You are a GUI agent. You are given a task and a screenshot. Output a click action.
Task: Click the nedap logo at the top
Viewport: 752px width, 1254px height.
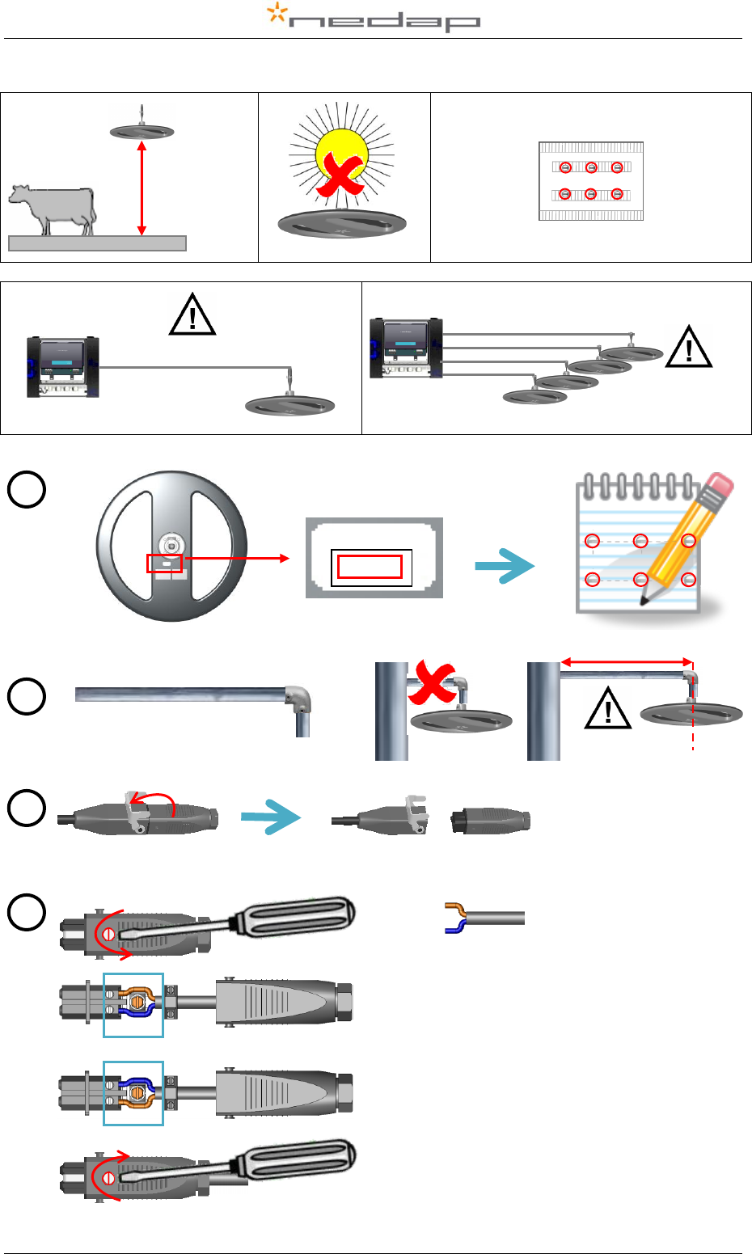tap(374, 18)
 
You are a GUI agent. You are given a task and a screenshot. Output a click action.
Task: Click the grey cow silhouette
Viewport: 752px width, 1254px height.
tap(53, 209)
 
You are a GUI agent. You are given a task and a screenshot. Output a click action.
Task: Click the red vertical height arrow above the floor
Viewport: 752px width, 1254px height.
tap(142, 188)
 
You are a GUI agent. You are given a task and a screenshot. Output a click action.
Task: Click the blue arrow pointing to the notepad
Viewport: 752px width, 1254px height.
tap(505, 566)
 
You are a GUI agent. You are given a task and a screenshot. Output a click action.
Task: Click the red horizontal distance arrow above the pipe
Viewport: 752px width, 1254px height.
tap(627, 662)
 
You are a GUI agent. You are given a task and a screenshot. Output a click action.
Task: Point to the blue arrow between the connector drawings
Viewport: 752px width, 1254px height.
tap(271, 818)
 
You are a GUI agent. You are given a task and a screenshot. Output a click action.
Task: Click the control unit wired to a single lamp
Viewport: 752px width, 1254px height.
tap(62, 366)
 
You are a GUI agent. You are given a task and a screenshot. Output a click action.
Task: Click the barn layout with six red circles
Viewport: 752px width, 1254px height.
tap(591, 180)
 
